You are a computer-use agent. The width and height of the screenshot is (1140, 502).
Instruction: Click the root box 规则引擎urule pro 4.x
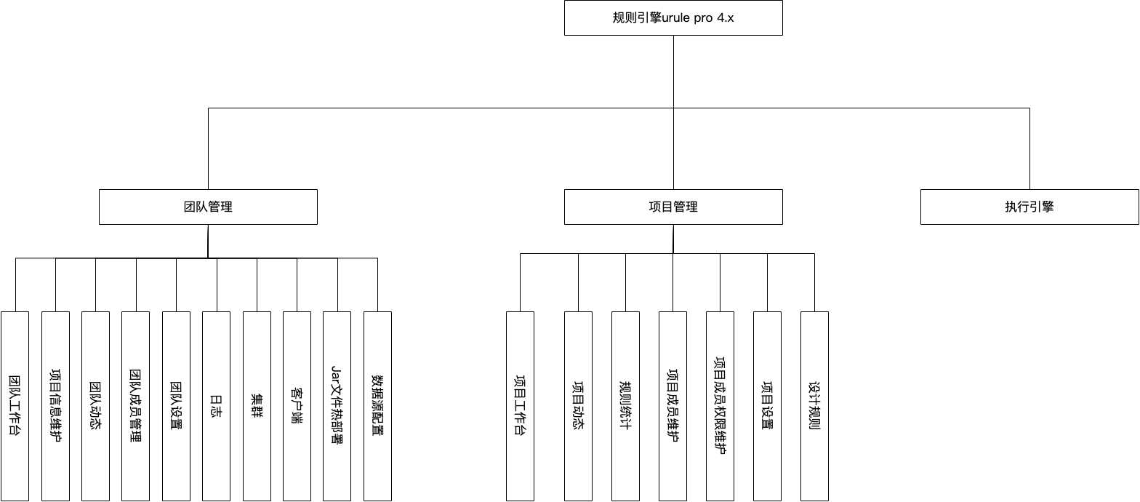coord(673,18)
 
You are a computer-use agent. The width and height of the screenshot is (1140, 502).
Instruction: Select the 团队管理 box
coord(208,207)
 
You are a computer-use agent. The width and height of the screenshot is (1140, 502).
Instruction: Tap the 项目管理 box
coord(673,207)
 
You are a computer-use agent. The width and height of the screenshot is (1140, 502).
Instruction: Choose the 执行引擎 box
coord(1029,207)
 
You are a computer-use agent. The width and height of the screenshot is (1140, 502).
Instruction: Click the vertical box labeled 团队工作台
coord(15,406)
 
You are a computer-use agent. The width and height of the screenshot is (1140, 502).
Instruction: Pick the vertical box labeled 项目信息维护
coord(55,406)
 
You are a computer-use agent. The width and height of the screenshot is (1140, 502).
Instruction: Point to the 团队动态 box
coord(95,406)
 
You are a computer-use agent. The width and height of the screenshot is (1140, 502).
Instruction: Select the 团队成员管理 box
coord(135,406)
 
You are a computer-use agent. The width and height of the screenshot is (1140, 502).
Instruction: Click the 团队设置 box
coord(176,406)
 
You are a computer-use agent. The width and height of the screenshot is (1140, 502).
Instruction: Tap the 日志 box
coord(216,406)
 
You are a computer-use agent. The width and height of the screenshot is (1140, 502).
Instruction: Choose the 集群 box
coord(257,406)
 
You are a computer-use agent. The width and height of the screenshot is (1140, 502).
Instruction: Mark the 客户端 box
coord(297,406)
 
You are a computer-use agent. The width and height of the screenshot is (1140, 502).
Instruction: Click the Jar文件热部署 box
coord(337,406)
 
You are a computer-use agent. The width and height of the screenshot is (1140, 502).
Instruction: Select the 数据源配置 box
coord(377,406)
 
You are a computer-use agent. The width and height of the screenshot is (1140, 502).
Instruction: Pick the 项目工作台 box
coord(520,406)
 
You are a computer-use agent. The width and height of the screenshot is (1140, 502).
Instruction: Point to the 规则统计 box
coord(625,406)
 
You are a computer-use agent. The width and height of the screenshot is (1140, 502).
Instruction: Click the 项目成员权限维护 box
coord(720,406)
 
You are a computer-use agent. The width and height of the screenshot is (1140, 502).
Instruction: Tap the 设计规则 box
coord(814,406)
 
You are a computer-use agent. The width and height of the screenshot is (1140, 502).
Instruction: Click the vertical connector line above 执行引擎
coord(1029,149)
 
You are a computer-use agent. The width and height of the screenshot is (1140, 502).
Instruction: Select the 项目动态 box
coord(578,406)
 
